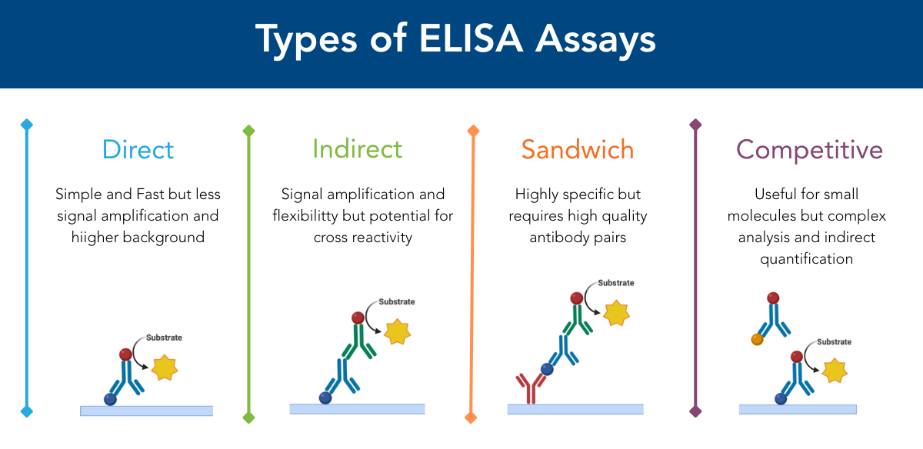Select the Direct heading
click(138, 149)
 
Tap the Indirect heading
click(357, 148)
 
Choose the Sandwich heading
click(578, 149)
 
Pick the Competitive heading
click(809, 149)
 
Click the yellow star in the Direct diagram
click(164, 368)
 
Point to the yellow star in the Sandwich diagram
click(616, 313)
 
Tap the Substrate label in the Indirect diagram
click(396, 301)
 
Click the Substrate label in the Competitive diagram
click(834, 341)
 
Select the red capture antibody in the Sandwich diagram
click(527, 387)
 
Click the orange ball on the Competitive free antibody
click(757, 339)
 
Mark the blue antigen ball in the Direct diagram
click(111, 400)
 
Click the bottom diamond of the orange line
click(471, 417)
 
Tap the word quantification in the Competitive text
click(806, 258)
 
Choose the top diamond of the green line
click(248, 131)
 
